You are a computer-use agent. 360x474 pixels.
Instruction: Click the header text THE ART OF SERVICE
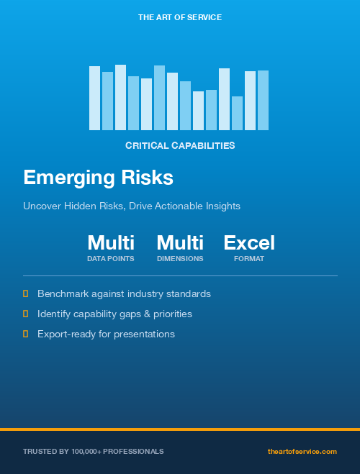(180, 17)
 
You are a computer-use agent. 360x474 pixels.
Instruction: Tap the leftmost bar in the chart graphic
(94, 98)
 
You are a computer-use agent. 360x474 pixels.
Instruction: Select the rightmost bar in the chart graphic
(263, 100)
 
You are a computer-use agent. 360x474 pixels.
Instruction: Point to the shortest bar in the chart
(237, 113)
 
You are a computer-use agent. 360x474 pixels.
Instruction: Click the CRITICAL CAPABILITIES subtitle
(180, 145)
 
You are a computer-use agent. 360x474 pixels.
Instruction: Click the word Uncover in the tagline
(41, 206)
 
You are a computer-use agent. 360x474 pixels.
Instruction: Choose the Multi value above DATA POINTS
(111, 243)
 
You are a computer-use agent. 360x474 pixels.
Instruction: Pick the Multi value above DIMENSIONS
(180, 243)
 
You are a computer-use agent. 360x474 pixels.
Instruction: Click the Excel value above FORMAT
(249, 243)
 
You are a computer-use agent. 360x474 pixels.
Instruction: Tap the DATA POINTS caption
(111, 258)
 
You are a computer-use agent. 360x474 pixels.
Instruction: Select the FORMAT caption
(249, 258)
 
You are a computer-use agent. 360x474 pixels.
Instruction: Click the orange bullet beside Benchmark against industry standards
(26, 293)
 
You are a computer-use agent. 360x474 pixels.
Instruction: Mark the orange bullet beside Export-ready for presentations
(26, 334)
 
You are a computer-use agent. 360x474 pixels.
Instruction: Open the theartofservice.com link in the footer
(302, 451)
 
